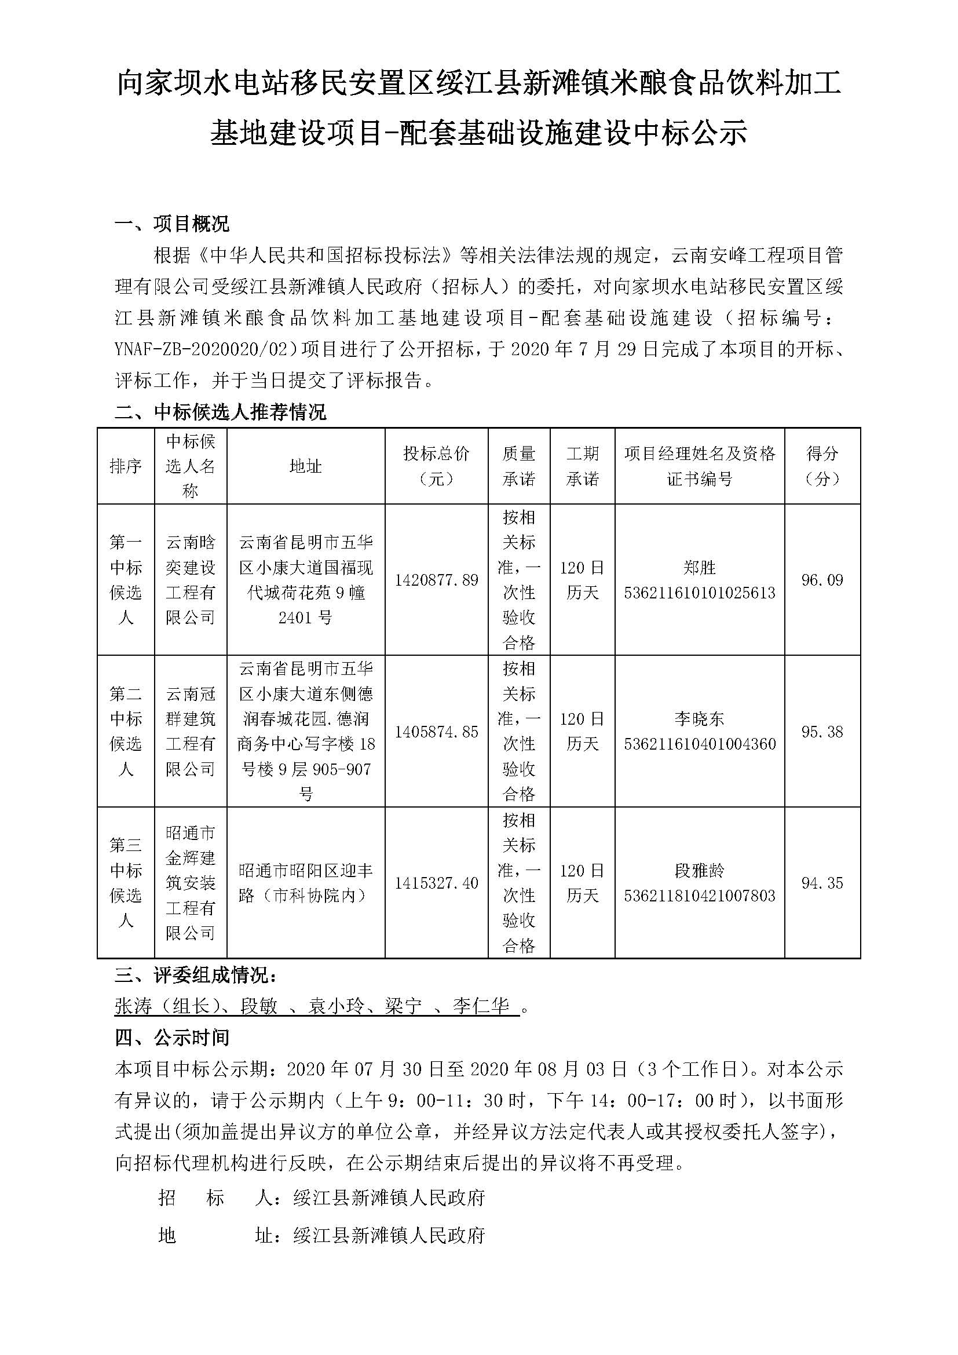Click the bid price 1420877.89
436,580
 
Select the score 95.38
822,732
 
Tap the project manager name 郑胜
699,568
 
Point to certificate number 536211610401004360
700,744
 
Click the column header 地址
306,466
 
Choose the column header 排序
126,466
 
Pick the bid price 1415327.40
436,883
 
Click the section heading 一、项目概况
171,224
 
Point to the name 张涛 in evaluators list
133,1006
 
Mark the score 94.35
822,883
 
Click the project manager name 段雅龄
699,871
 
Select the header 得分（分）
822,466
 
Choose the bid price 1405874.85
436,732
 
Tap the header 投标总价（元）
436,466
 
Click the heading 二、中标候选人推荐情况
220,412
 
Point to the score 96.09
822,580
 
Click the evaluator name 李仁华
481,1006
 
